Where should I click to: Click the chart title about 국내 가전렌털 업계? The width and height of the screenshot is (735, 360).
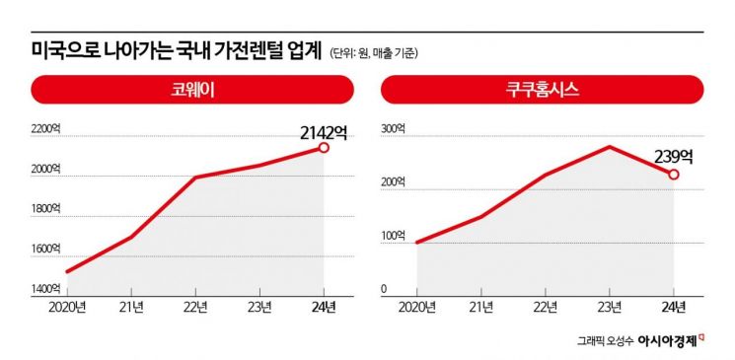click(178, 49)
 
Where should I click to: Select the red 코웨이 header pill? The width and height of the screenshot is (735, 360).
click(193, 91)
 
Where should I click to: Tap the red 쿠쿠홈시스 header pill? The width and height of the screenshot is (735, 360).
click(543, 91)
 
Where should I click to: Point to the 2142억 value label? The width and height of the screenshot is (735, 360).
click(324, 131)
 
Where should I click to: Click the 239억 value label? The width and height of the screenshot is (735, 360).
click(674, 156)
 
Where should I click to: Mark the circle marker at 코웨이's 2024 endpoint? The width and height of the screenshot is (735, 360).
click(323, 148)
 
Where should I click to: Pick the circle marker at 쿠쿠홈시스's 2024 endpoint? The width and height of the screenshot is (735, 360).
click(674, 175)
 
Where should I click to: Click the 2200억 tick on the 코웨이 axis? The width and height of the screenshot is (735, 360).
click(45, 129)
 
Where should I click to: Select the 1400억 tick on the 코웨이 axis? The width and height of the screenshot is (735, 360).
click(45, 289)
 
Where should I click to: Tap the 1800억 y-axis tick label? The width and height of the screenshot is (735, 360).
click(45, 209)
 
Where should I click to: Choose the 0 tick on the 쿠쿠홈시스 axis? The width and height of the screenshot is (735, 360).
click(386, 289)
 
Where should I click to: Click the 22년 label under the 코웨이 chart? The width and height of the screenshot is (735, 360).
click(195, 307)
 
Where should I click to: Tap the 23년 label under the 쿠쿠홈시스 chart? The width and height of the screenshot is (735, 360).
click(610, 307)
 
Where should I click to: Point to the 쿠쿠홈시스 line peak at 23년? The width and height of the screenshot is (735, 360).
click(610, 147)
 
